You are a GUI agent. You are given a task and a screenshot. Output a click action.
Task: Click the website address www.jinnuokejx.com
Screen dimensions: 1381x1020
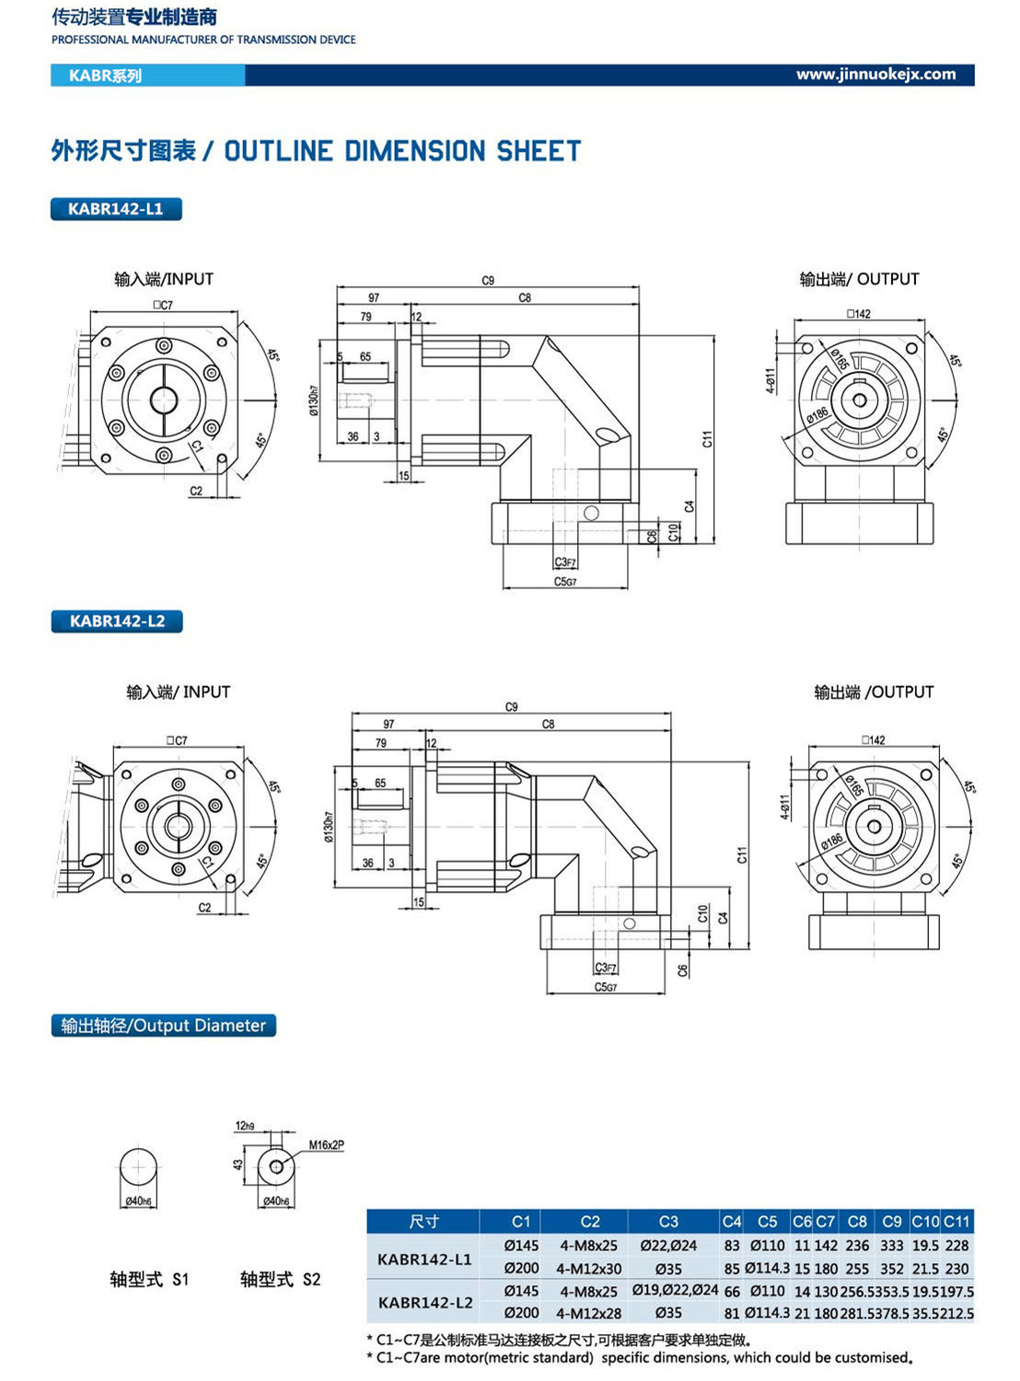point(875,75)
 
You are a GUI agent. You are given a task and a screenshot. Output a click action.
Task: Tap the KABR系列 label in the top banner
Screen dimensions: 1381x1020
point(105,75)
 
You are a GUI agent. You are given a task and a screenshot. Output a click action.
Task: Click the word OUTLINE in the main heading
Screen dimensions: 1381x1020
point(278,151)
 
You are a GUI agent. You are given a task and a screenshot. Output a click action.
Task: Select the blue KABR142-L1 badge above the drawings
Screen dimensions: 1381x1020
point(116,209)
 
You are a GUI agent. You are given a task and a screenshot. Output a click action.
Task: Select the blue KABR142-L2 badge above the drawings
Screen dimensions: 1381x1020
point(117,621)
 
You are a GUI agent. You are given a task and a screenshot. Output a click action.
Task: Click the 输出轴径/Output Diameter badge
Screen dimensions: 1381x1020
point(163,1026)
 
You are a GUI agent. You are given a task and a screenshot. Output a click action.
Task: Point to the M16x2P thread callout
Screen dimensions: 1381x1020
point(326,1145)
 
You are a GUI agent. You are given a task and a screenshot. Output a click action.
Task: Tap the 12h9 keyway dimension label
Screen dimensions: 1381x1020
point(244,1125)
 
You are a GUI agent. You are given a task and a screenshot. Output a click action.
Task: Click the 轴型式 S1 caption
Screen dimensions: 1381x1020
point(148,1279)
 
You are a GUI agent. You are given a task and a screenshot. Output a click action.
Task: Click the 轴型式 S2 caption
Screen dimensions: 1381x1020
point(280,1279)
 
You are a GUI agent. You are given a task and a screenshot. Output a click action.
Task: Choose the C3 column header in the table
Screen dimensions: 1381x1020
point(668,1222)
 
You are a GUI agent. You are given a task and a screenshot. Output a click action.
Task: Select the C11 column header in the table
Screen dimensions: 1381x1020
point(956,1222)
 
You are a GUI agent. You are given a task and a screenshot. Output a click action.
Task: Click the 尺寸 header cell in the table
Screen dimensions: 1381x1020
point(423,1222)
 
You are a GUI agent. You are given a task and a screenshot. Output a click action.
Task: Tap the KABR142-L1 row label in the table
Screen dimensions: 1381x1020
point(424,1259)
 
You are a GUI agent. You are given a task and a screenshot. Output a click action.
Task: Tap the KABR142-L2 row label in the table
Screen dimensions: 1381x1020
point(425,1302)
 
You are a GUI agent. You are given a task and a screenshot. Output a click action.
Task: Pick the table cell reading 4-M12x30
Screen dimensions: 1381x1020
point(590,1269)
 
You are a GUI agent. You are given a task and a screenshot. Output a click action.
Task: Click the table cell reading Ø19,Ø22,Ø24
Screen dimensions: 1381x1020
point(675,1291)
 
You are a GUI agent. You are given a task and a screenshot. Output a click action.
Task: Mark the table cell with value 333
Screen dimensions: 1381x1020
point(891,1246)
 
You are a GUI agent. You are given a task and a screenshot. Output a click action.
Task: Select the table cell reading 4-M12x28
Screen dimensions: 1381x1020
point(590,1314)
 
